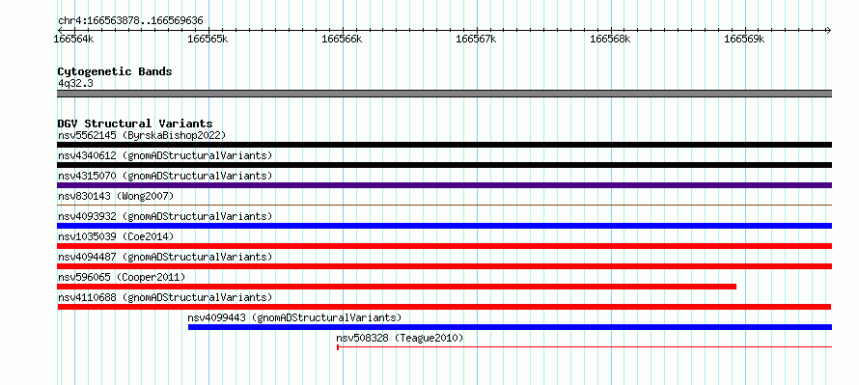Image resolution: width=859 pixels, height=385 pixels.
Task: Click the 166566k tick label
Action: tap(342, 39)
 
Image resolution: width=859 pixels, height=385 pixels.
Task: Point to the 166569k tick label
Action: tap(744, 39)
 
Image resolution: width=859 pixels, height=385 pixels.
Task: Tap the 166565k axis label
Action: tap(208, 39)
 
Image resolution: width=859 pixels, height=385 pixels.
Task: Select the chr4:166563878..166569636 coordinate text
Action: tap(130, 21)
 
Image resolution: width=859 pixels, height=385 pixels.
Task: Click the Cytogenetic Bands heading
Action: tap(115, 71)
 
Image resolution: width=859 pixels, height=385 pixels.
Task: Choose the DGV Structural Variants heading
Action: tap(135, 124)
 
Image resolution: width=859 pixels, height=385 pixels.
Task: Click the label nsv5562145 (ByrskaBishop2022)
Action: tap(142, 135)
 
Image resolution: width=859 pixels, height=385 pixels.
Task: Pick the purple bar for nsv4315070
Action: tap(444, 185)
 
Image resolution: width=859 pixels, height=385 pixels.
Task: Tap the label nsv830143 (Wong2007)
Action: tap(116, 196)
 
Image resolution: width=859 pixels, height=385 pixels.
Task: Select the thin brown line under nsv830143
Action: tap(444, 205)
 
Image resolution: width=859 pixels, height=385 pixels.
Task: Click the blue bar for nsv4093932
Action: tap(444, 226)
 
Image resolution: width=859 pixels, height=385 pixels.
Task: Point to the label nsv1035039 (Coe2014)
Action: tap(116, 236)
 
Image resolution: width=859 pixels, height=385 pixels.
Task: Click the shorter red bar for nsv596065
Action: tap(397, 287)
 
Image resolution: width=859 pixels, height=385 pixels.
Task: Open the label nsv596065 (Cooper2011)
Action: tap(122, 277)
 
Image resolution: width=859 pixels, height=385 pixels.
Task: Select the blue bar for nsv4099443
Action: tap(510, 327)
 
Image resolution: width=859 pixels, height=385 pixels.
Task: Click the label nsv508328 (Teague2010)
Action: tap(400, 338)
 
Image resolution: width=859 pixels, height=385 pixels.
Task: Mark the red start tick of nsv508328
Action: tap(338, 347)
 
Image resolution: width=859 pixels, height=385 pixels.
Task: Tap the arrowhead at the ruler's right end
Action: tap(829, 30)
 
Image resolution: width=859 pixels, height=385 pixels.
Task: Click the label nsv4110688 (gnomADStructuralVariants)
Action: tap(165, 297)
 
